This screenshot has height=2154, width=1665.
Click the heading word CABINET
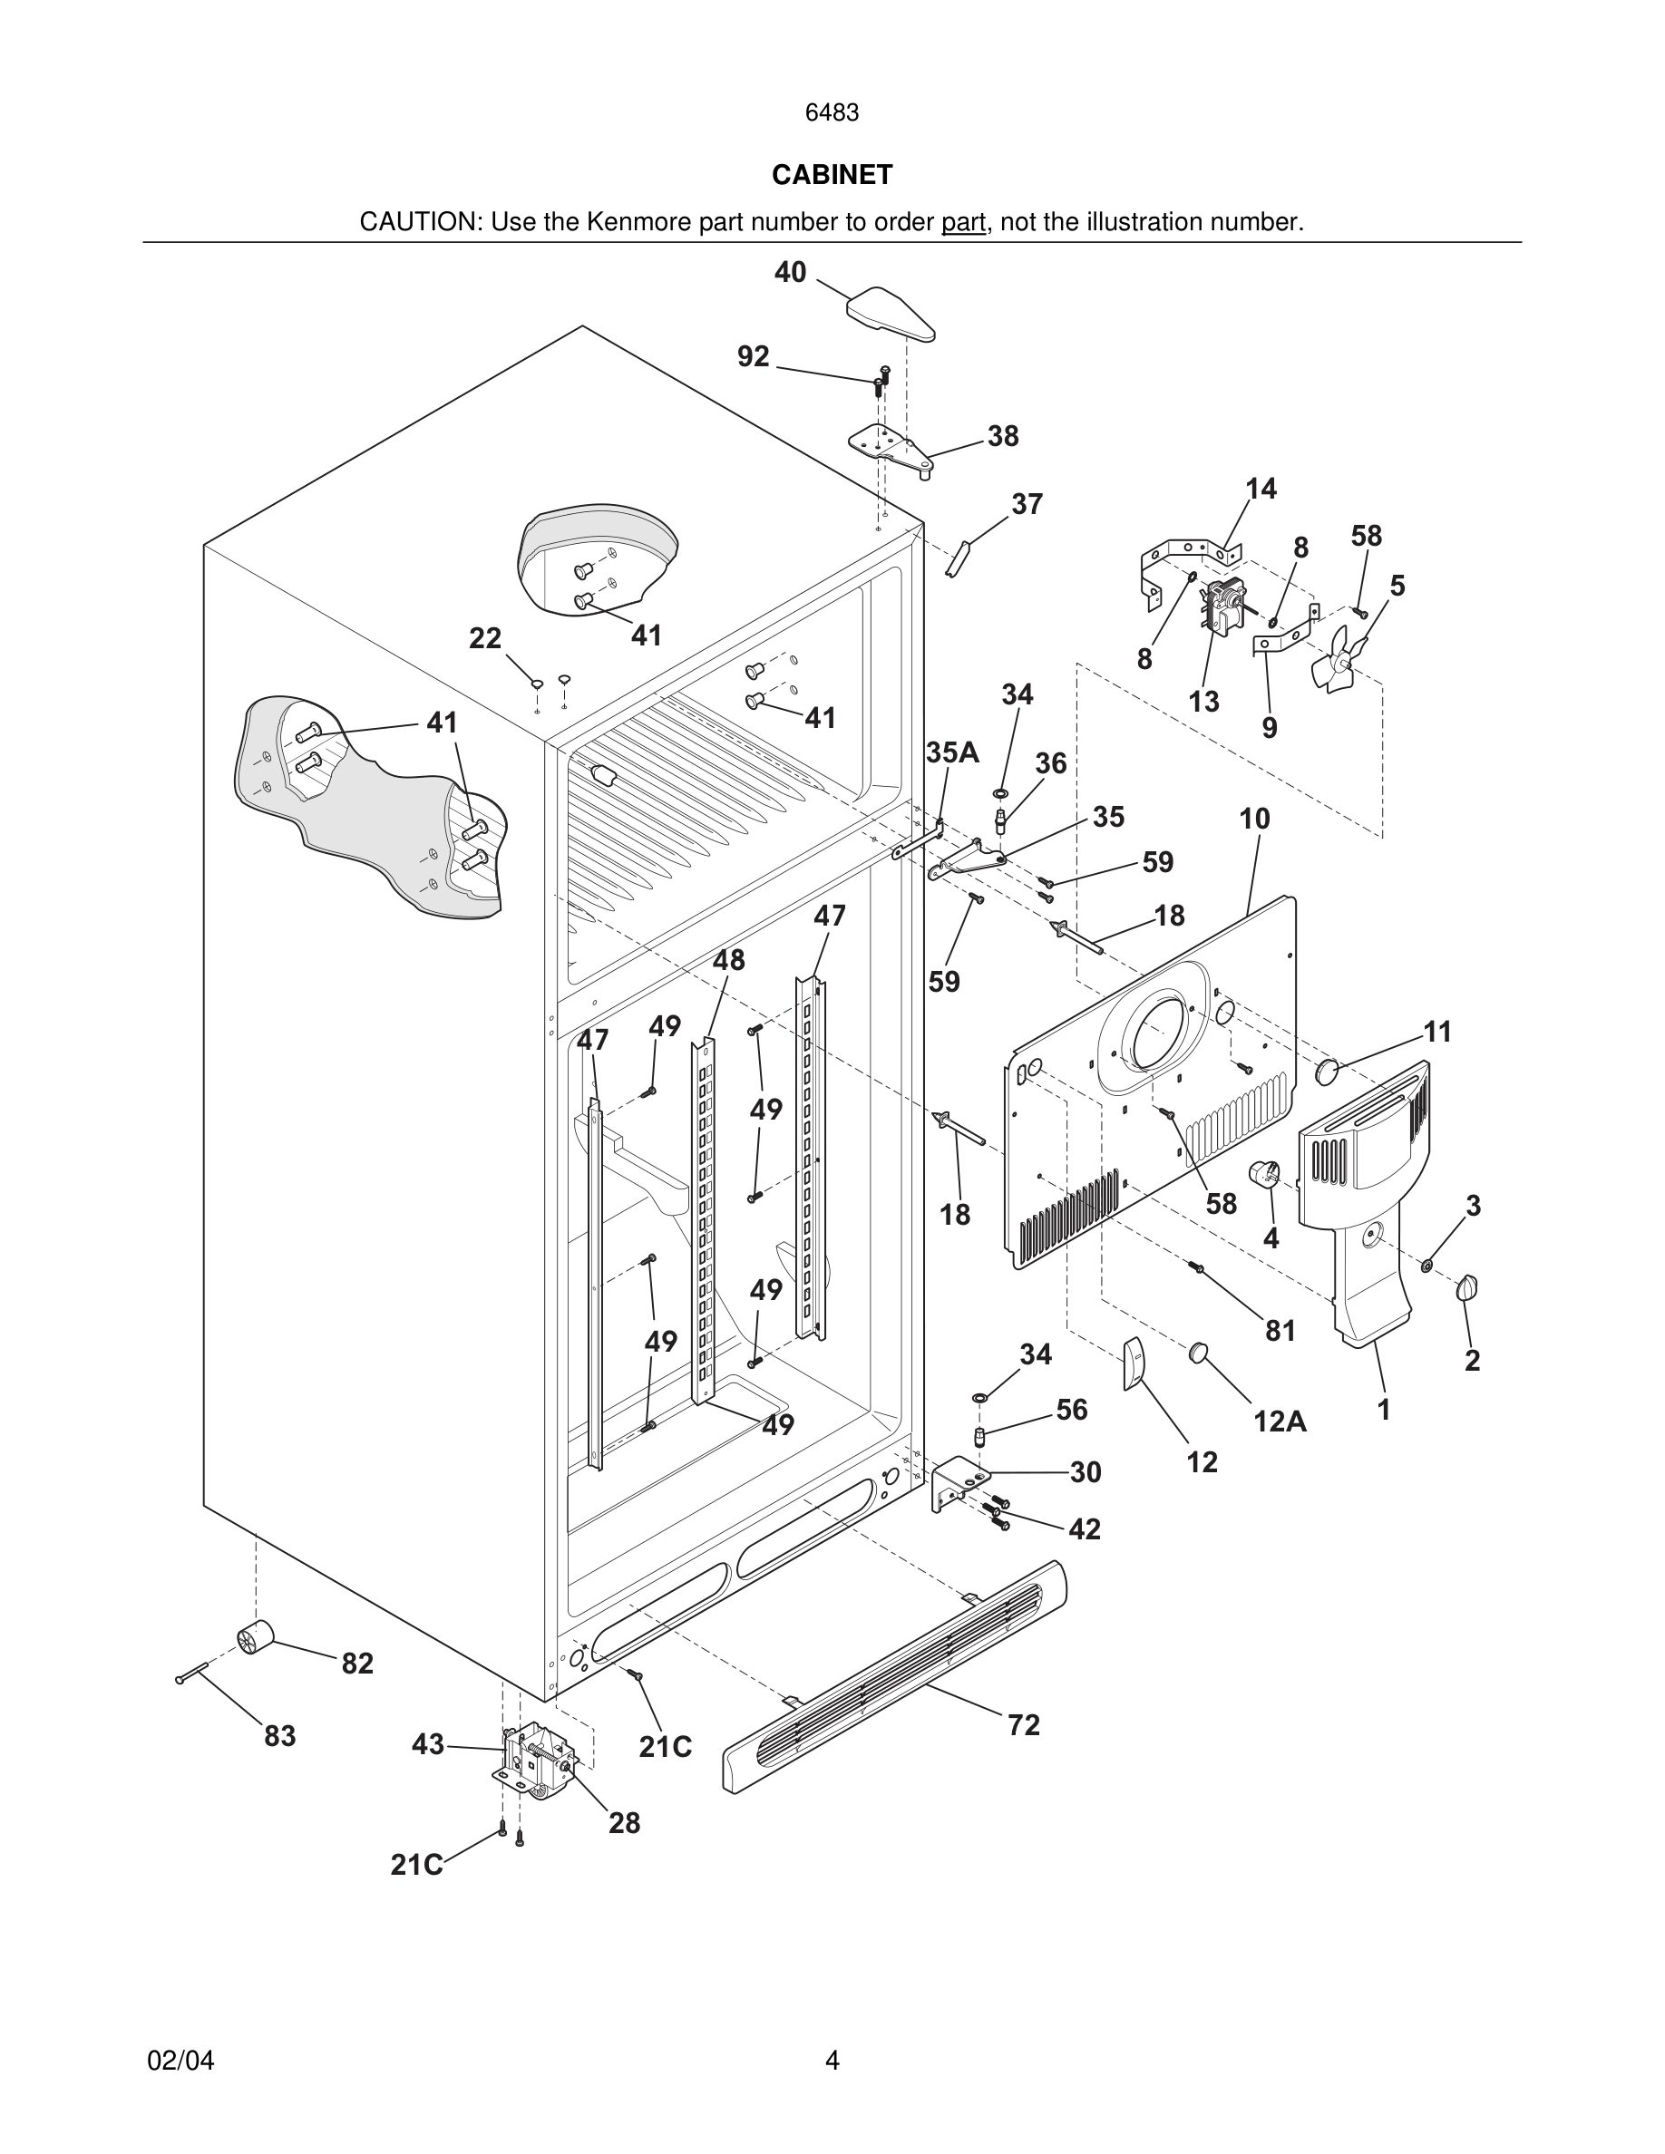pos(832,175)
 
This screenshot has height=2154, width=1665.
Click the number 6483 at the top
pos(832,113)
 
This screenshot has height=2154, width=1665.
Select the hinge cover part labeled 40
pos(891,315)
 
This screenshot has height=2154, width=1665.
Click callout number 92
pos(754,357)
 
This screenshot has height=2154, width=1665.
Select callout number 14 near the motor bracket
pos(1261,490)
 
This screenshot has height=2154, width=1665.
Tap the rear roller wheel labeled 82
pos(255,1639)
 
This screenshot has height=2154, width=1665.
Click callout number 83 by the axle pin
pos(279,1736)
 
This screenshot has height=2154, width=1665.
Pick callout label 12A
pos(1280,1421)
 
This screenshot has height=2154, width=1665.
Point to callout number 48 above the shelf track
pos(729,960)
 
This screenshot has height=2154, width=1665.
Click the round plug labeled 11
pos(1329,1071)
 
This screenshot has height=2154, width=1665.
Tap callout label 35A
pos(952,753)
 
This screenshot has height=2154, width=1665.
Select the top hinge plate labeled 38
pos(891,449)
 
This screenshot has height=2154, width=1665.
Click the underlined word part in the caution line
pos(963,223)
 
